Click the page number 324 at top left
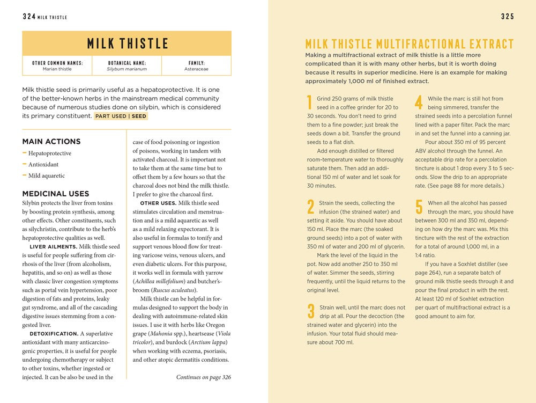coord(29,17)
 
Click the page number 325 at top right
coord(507,17)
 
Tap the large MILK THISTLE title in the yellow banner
coord(127,43)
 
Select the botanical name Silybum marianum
coord(126,69)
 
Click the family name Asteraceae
coord(196,69)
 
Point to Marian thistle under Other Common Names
coord(57,69)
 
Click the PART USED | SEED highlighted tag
coord(121,116)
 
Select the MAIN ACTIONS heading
coord(51,142)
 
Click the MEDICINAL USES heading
coord(56,194)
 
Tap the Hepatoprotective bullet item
coord(50,153)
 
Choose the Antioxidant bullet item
coord(43,165)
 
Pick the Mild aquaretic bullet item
coord(47,175)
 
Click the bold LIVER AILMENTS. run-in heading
coord(52,247)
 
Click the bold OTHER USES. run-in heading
coord(158,203)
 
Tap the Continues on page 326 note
coord(203,377)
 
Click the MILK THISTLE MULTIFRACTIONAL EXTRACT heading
coord(409,44)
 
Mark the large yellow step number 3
coord(310,311)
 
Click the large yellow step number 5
coord(419,207)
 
